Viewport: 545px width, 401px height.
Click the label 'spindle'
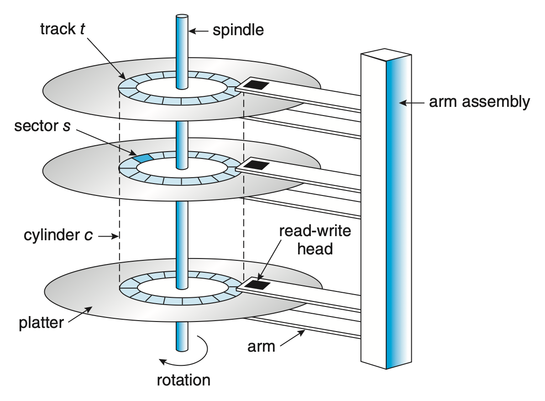click(238, 31)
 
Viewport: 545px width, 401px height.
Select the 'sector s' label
click(42, 126)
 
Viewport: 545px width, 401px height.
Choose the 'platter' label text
click(41, 322)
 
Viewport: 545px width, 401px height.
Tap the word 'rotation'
click(183, 380)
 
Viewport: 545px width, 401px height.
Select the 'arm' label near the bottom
click(261, 346)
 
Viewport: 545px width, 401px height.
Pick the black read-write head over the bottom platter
click(258, 285)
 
